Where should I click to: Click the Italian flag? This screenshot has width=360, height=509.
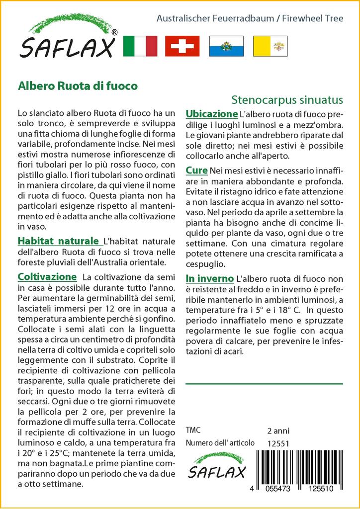click(139, 46)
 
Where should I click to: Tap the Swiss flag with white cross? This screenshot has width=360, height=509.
click(182, 46)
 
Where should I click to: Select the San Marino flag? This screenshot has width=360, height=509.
click(226, 46)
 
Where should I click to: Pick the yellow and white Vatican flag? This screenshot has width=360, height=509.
click(270, 46)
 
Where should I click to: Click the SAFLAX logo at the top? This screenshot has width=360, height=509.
click(68, 41)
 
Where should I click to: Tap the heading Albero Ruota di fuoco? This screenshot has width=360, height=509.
click(78, 85)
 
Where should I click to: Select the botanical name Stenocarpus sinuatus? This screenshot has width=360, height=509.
click(287, 99)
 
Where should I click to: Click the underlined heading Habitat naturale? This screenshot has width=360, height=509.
click(58, 241)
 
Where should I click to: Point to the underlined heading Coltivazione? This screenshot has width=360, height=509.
click(47, 276)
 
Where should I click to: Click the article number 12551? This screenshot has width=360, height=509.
click(278, 443)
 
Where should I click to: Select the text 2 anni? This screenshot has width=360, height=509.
click(278, 431)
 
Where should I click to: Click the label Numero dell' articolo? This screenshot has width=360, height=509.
click(220, 443)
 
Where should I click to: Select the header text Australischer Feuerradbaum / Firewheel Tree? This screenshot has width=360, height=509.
click(250, 19)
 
